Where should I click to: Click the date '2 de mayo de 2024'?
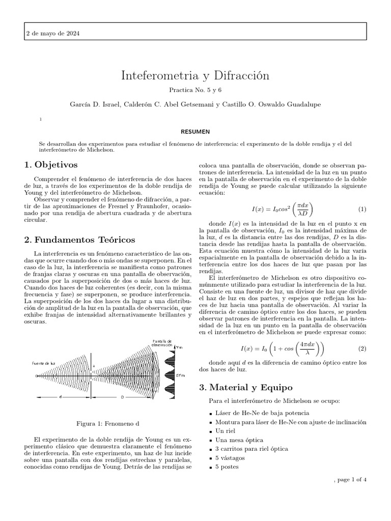52,34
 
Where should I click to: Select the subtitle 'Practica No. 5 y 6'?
195,90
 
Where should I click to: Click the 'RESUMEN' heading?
195,131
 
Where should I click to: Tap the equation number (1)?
362,209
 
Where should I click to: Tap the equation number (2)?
362,349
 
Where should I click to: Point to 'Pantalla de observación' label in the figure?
163,342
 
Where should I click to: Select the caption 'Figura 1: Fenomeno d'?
107,424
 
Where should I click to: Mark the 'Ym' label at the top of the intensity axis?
178,347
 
